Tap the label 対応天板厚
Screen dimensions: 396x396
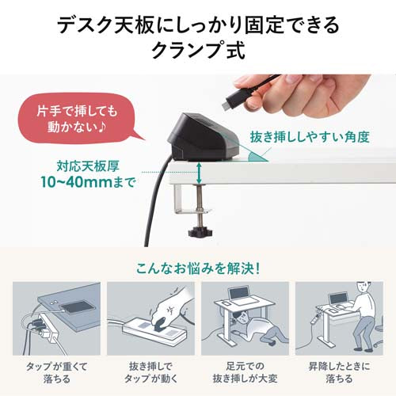point(86,166)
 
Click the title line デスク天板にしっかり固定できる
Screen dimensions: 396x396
point(198,24)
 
